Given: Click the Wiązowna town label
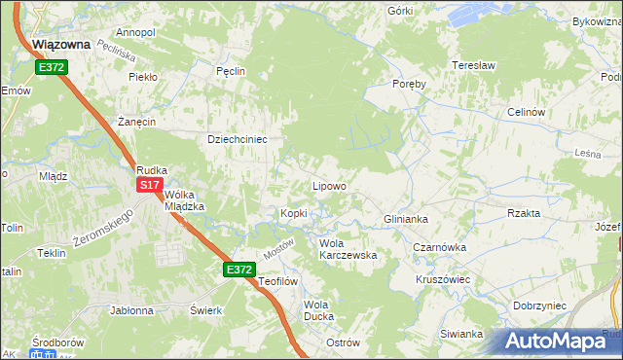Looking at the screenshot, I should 61,44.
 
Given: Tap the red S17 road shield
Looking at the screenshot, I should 149,185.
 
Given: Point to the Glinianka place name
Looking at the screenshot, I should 406,219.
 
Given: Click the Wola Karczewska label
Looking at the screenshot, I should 348,249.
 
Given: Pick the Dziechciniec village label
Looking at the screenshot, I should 238,138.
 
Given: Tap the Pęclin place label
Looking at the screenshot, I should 230,71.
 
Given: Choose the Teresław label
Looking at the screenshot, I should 474,66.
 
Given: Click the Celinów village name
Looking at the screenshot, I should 525,112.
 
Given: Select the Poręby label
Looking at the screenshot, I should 409,84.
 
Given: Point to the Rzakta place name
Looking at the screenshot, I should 524,213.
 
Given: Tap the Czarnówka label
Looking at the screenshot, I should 439,247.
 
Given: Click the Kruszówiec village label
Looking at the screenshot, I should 443,278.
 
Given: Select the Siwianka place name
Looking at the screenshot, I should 460,334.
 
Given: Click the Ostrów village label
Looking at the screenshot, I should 343,342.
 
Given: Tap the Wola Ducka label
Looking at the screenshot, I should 318,310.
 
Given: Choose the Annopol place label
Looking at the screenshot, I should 134,32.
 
